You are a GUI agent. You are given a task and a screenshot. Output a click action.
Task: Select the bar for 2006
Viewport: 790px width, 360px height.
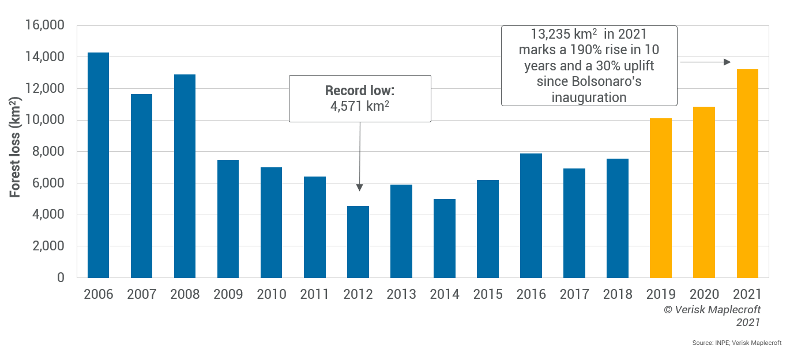click(x=98, y=165)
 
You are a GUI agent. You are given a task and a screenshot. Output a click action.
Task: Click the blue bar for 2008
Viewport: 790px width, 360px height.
click(x=185, y=176)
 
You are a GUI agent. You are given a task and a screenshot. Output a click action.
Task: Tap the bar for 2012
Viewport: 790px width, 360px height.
click(x=358, y=242)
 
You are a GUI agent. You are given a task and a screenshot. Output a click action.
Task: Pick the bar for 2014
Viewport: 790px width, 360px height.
click(x=445, y=238)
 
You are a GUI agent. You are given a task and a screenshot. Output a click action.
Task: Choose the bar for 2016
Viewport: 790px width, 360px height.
click(x=531, y=215)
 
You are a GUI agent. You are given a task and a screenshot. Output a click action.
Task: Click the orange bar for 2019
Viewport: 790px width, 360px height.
click(x=661, y=198)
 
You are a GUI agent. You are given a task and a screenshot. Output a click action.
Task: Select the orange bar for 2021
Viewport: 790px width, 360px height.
click(x=747, y=173)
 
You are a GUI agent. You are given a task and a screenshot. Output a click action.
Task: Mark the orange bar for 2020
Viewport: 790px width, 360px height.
click(x=704, y=192)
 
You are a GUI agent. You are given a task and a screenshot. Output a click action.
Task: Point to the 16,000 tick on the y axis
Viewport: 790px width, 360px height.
click(x=45, y=26)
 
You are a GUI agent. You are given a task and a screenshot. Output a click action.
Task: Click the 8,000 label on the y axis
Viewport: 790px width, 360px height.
click(x=48, y=152)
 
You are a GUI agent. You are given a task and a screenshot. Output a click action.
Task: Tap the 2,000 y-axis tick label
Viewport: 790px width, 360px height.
click(x=48, y=246)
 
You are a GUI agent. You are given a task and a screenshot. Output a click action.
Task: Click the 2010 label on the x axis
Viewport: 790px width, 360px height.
click(x=272, y=294)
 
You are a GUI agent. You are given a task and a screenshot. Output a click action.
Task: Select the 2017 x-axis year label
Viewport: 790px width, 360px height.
click(x=574, y=294)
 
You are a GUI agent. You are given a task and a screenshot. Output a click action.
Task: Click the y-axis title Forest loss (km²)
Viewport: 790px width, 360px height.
click(x=16, y=152)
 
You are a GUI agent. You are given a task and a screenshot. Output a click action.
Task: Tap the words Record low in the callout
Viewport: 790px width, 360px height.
click(x=359, y=91)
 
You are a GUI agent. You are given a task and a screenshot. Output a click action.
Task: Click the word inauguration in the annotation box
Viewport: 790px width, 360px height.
click(x=589, y=97)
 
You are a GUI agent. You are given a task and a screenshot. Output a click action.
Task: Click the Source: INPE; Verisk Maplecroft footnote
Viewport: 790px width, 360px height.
click(x=737, y=343)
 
